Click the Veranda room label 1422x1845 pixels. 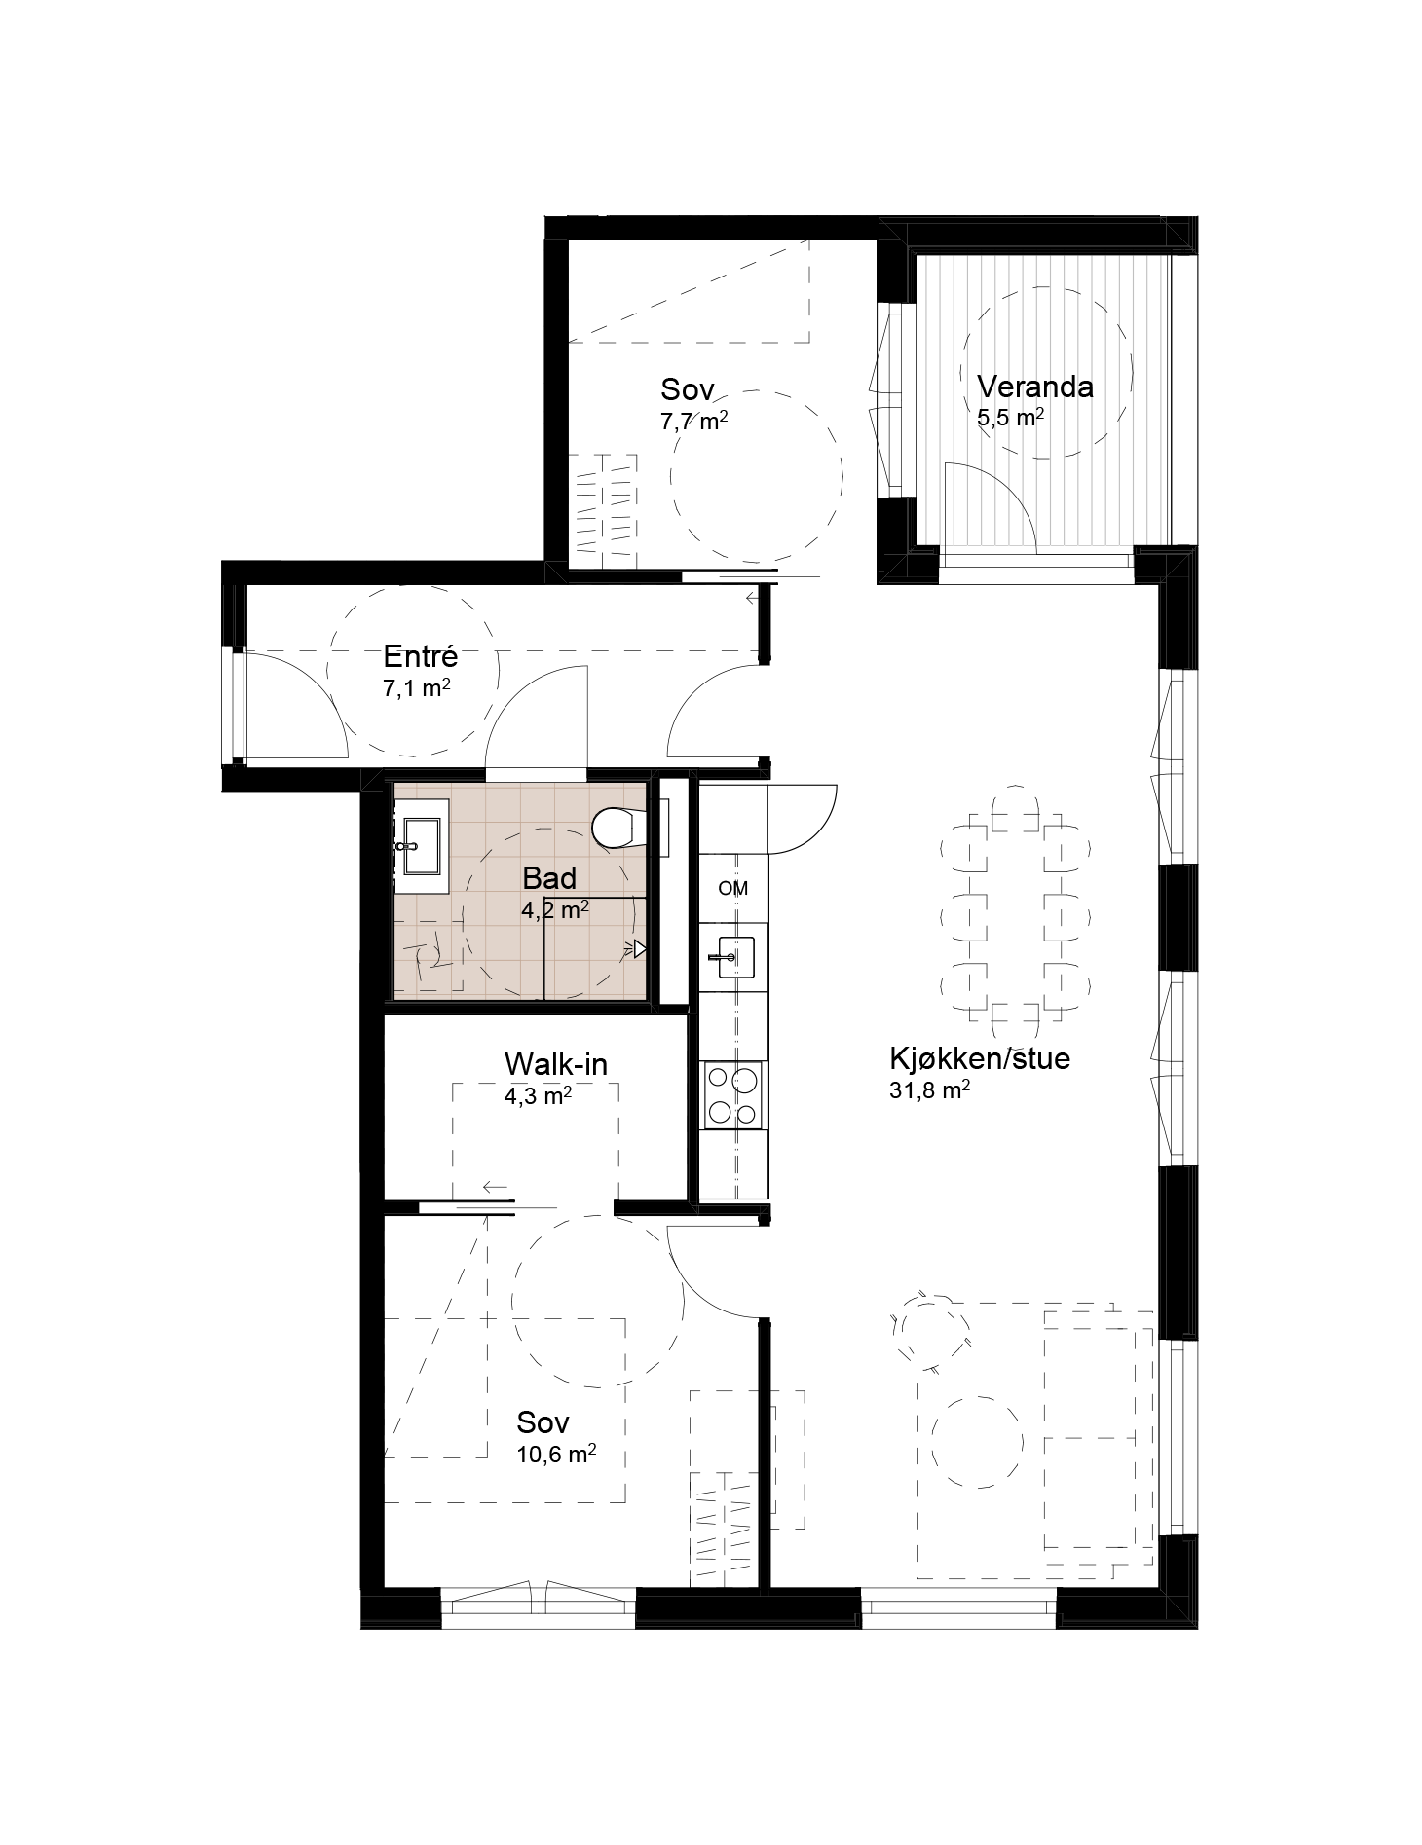click(1034, 387)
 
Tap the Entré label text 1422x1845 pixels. click(420, 656)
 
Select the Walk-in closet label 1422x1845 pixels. click(555, 1063)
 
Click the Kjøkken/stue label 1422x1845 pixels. click(979, 1058)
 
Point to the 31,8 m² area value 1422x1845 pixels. click(928, 1090)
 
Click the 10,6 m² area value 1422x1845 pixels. click(556, 1455)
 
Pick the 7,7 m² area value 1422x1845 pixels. click(694, 422)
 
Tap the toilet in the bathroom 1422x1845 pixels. click(615, 828)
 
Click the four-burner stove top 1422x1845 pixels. click(733, 1095)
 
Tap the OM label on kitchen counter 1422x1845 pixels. click(733, 888)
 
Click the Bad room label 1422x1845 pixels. click(549, 878)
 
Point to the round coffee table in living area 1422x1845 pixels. click(977, 1440)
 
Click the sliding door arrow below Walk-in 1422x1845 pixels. click(495, 1187)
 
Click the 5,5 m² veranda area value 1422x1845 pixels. click(1011, 419)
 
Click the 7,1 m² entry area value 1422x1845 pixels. click(417, 688)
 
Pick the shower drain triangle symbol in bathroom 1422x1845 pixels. click(639, 948)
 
